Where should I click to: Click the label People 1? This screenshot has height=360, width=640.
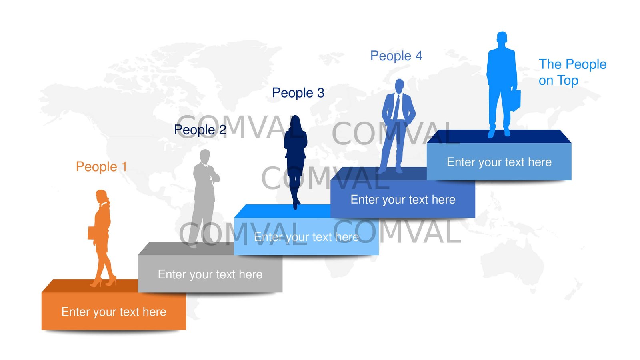click(101, 166)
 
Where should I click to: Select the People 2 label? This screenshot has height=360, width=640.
click(200, 130)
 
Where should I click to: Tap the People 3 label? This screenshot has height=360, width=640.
click(298, 93)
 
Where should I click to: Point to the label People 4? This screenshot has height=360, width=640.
click(396, 56)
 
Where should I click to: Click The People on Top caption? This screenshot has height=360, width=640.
click(572, 72)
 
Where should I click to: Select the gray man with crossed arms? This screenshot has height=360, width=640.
click(204, 192)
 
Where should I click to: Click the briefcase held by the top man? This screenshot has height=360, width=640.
click(516, 100)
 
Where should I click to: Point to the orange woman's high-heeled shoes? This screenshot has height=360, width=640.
click(103, 282)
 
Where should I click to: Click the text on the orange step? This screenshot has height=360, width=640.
click(114, 312)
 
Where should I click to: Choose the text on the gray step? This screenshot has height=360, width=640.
click(210, 274)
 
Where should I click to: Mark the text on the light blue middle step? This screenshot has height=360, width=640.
click(306, 237)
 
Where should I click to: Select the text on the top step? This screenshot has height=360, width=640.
click(499, 162)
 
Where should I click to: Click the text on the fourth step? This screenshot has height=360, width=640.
click(403, 199)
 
